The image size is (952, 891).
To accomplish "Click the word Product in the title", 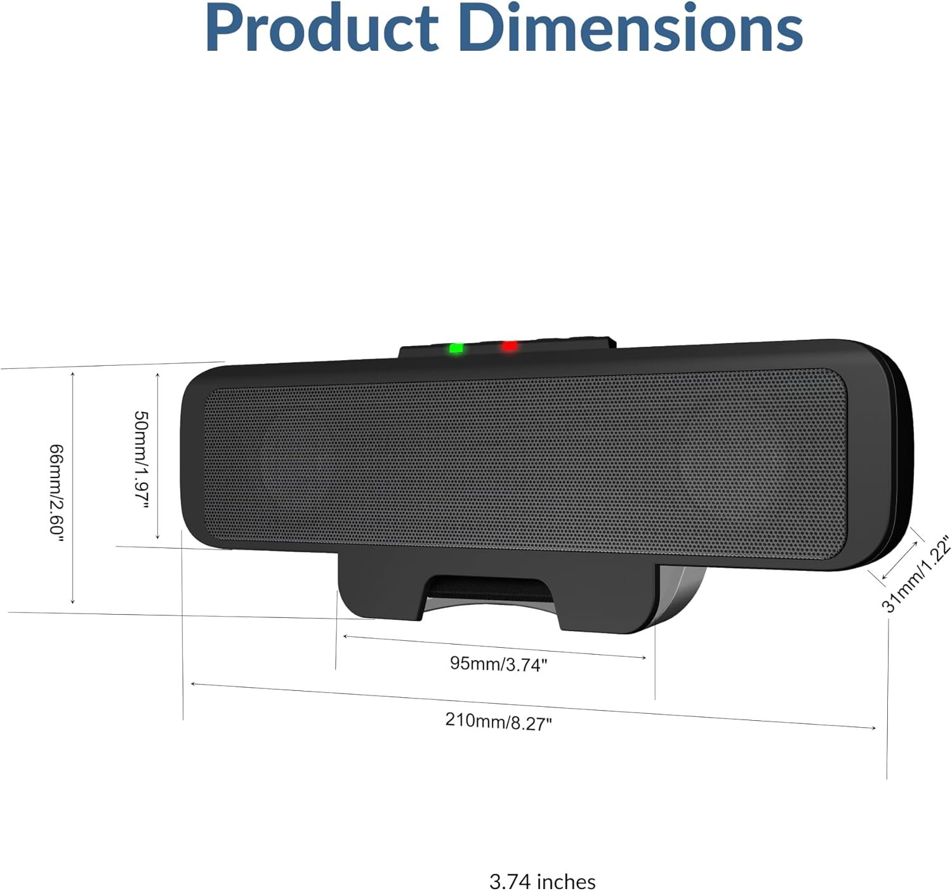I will point(321,29).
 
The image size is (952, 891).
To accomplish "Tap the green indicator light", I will point(456,348).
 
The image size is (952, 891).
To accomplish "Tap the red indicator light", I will point(509,346).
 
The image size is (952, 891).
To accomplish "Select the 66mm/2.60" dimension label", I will point(56,493).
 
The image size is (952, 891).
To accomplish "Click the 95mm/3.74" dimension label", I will point(498,664).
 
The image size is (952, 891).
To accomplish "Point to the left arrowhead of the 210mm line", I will point(194,684).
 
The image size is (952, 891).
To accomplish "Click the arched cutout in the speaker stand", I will point(489,587).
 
